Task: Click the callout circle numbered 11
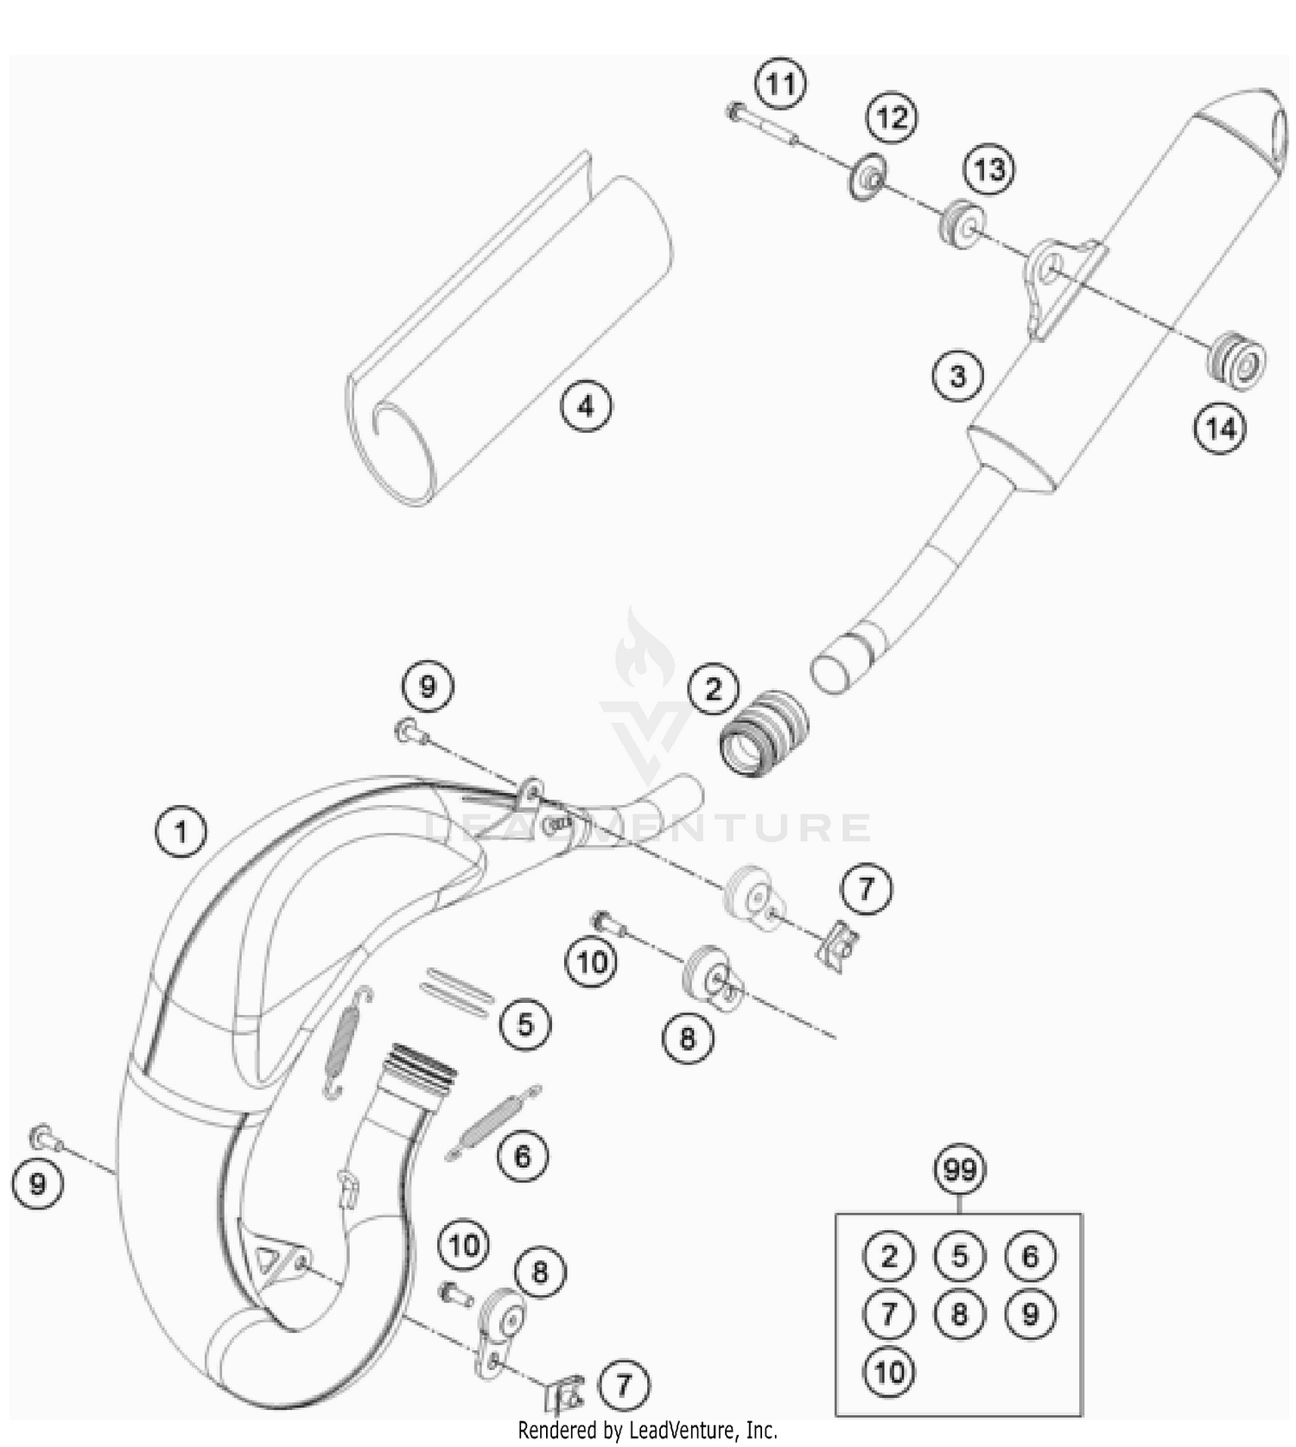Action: pyautogui.click(x=780, y=85)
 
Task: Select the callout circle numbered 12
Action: pyautogui.click(x=892, y=117)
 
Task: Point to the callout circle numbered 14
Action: pyautogui.click(x=1220, y=428)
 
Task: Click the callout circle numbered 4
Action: pyautogui.click(x=586, y=405)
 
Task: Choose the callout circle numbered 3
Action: pyautogui.click(x=957, y=376)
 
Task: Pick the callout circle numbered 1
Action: pyautogui.click(x=181, y=832)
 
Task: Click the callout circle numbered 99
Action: pyautogui.click(x=960, y=1170)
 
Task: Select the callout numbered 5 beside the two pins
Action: pyautogui.click(x=525, y=1025)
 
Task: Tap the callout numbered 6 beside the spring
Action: pyautogui.click(x=523, y=1155)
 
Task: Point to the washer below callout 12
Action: pyautogui.click(x=868, y=178)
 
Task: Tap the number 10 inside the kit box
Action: pyautogui.click(x=889, y=1372)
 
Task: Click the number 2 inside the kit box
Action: pyautogui.click(x=889, y=1256)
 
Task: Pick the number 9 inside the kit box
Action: pyautogui.click(x=1030, y=1314)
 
